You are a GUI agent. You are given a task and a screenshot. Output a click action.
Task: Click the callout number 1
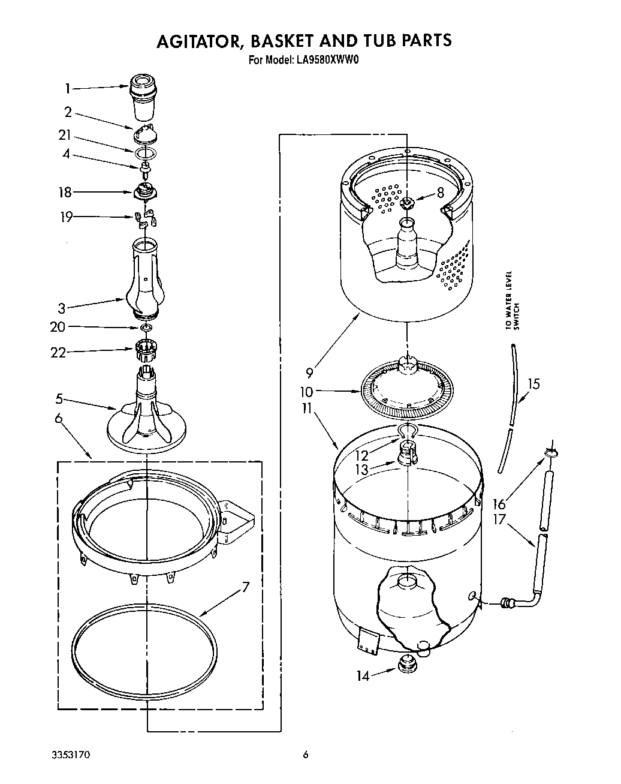coord(68,89)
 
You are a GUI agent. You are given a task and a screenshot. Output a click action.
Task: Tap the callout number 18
coord(65,193)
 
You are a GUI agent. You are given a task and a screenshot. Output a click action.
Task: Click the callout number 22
coord(58,353)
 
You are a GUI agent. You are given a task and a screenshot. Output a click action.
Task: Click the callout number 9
coord(309,373)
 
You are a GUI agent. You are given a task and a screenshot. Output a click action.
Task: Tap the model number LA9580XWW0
coord(328,60)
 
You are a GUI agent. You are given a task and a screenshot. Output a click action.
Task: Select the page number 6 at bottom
coord(306,755)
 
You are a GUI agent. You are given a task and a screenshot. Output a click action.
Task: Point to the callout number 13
coord(361,469)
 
